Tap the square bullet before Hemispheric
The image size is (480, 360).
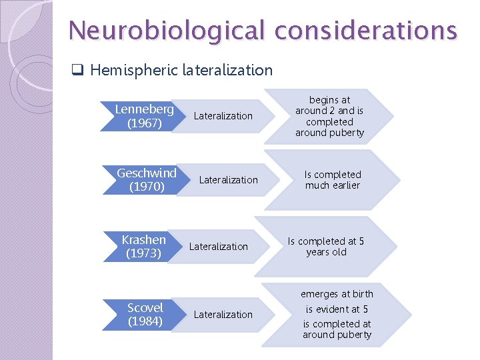coord(77,70)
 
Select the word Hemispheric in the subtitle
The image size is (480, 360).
coord(133,70)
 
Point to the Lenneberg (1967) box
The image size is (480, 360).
coord(144,115)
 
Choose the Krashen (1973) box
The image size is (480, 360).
coord(144,246)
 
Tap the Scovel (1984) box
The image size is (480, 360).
coord(145,314)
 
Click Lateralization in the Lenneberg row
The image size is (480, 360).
coord(223,116)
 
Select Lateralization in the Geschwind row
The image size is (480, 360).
coord(228,180)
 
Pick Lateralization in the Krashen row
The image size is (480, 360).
coord(218,247)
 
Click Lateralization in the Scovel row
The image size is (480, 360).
coord(223,315)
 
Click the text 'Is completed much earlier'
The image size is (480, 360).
coord(333,180)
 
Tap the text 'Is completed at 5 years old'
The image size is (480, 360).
coord(326,247)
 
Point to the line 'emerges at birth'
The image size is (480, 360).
coord(337,294)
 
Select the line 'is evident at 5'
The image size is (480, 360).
coord(337,309)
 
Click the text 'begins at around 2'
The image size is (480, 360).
coord(329,105)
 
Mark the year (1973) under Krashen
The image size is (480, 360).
coord(144,253)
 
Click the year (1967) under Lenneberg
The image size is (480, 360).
coord(144,123)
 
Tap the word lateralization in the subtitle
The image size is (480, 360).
coord(227,70)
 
